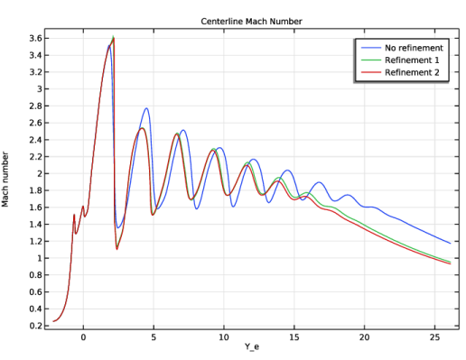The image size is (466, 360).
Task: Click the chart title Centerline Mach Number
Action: click(x=251, y=22)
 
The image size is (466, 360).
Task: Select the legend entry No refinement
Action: click(x=414, y=48)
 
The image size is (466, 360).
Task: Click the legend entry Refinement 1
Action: click(x=412, y=60)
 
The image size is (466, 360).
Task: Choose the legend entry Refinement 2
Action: click(x=412, y=72)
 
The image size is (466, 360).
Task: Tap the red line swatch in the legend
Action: click(x=371, y=72)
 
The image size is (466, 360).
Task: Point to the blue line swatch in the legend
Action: click(x=371, y=48)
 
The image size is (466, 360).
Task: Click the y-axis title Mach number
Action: click(x=5, y=180)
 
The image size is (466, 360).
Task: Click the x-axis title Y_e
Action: click(x=252, y=346)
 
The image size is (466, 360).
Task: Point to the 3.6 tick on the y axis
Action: click(x=35, y=39)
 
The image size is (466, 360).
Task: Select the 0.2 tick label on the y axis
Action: click(x=35, y=326)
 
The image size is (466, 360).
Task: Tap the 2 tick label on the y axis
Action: click(x=39, y=174)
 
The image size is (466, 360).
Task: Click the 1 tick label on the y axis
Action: click(x=39, y=258)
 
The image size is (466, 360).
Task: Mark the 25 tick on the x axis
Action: click(x=434, y=337)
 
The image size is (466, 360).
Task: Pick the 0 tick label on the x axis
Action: click(x=83, y=337)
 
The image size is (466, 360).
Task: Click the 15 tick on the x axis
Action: click(x=294, y=337)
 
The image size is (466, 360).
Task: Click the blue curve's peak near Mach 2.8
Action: click(x=146, y=108)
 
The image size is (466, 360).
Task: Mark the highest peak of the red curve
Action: click(x=114, y=38)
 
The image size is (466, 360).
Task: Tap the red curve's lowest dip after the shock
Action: click(x=117, y=249)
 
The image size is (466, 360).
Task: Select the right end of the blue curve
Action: click(x=451, y=244)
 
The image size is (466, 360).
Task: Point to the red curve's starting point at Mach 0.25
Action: click(x=53, y=321)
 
